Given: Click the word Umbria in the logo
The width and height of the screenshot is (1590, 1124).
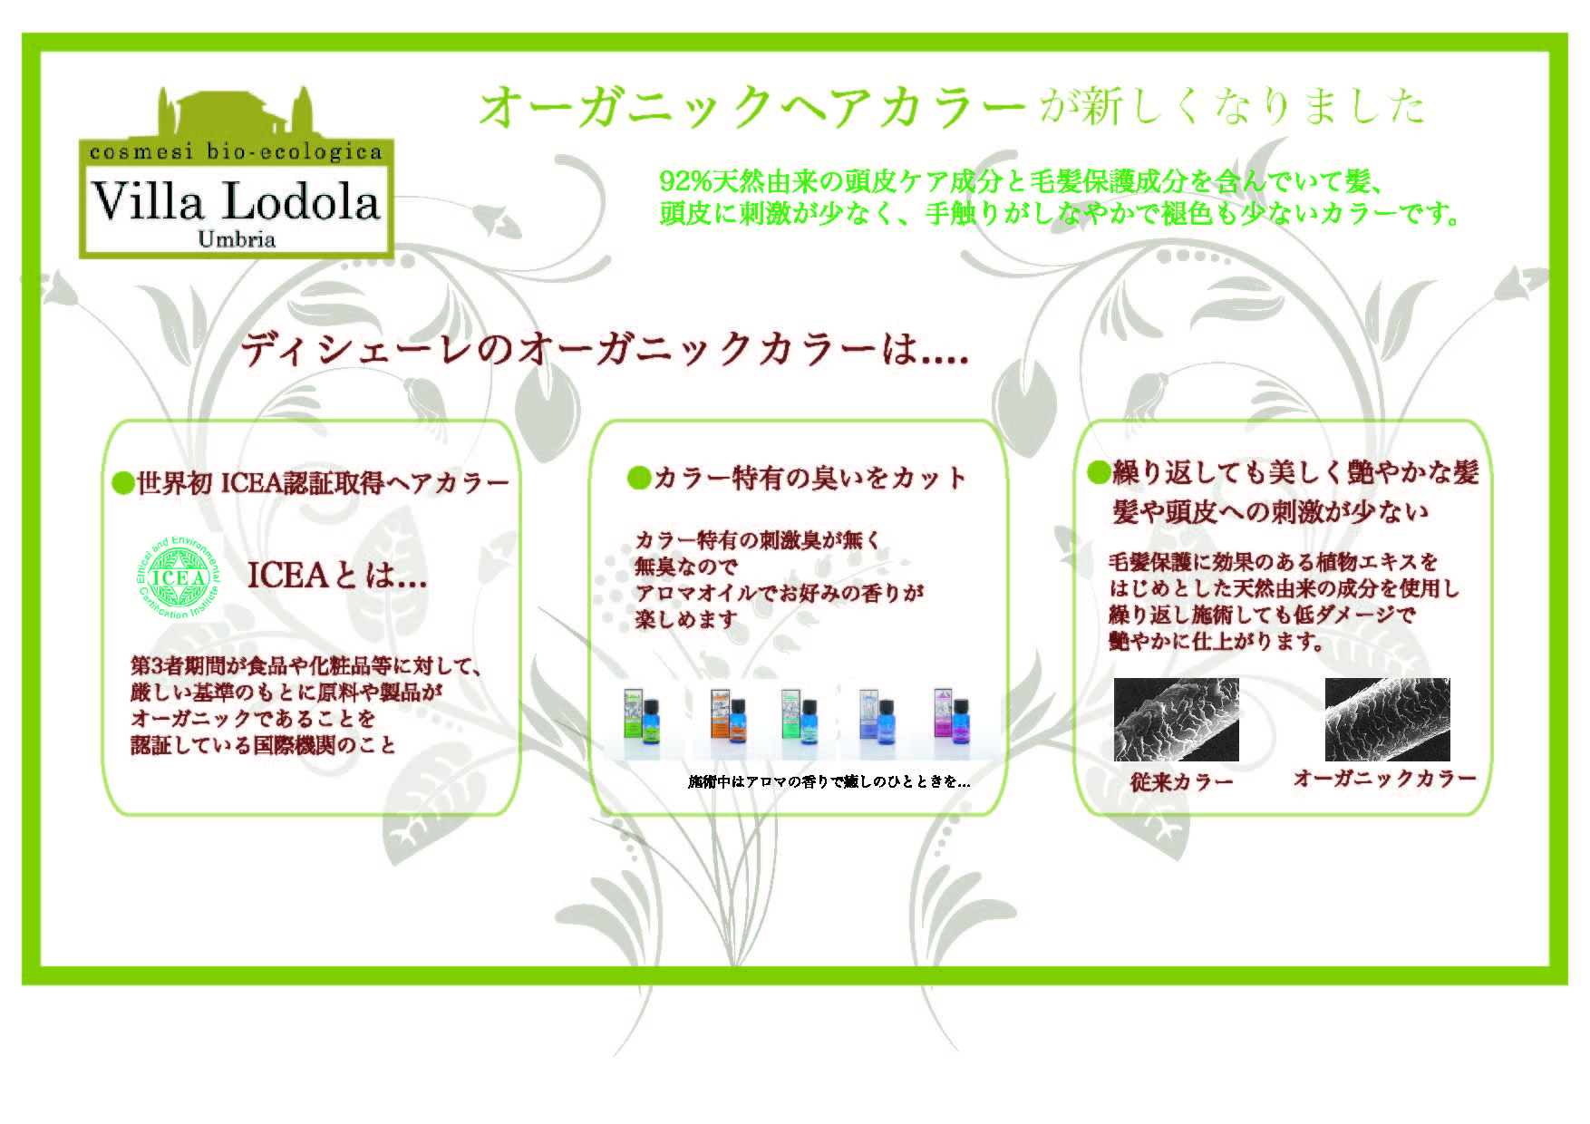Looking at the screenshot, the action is click(x=237, y=239).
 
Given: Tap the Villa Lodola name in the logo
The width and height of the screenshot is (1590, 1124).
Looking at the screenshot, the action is click(x=236, y=200).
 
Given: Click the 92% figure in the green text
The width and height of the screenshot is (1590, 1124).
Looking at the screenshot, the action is click(x=686, y=181).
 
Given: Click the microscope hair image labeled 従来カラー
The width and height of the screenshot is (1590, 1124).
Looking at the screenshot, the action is click(x=1176, y=720).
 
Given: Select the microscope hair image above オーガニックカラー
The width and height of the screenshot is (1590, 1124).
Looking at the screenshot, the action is click(x=1387, y=720).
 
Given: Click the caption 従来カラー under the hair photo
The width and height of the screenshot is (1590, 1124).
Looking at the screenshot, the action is click(x=1181, y=781).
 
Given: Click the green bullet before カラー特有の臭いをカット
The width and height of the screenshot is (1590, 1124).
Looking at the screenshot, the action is click(x=639, y=478).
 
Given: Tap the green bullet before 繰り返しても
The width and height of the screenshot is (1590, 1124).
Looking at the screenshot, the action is click(x=1099, y=471).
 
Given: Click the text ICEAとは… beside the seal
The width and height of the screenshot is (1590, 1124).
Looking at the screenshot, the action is click(x=337, y=576).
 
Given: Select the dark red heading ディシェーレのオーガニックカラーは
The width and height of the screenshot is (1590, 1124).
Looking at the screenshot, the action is click(x=606, y=350).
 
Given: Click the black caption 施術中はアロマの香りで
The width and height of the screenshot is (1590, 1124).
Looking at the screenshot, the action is click(x=829, y=781).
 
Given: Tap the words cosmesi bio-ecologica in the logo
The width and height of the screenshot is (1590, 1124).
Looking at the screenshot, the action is click(x=236, y=152).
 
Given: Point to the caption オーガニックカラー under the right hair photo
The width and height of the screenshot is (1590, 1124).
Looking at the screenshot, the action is click(x=1384, y=778).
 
